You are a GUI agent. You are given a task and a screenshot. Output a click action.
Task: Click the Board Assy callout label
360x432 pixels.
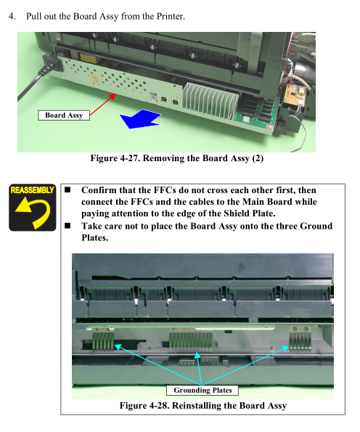click(x=64, y=115)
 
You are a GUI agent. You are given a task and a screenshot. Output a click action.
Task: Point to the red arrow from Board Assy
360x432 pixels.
click(x=102, y=105)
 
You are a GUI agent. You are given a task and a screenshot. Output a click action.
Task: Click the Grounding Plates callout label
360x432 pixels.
click(x=202, y=390)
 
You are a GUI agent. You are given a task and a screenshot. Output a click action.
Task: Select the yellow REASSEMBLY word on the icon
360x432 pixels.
click(x=32, y=190)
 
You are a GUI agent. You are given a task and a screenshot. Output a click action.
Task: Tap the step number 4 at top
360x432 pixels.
click(x=12, y=16)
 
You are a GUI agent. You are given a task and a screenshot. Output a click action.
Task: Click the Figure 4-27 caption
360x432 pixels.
click(x=177, y=158)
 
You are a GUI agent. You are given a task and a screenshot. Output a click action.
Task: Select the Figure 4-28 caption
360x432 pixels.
click(x=203, y=406)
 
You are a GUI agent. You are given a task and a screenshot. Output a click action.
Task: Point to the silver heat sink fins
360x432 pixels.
click(x=210, y=101)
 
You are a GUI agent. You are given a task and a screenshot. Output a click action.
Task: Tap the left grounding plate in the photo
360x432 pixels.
click(x=103, y=341)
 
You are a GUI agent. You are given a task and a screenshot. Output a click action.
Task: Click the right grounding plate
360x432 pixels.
click(x=300, y=339)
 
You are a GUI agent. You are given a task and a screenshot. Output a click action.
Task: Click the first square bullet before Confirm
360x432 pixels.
click(x=67, y=189)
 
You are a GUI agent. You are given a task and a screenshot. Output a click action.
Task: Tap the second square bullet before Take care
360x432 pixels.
click(x=67, y=226)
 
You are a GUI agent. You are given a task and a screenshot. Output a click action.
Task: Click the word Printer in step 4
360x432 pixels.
click(x=171, y=16)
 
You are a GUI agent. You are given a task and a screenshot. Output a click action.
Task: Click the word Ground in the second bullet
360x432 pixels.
click(x=316, y=227)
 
